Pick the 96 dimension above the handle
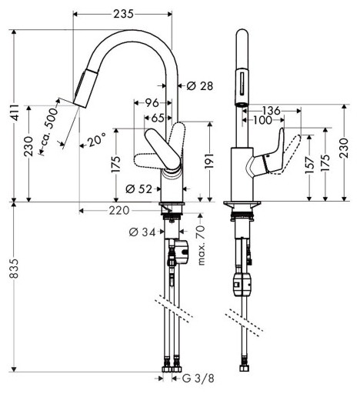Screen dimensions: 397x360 [152, 102]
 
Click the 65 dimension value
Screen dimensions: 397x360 [156, 118]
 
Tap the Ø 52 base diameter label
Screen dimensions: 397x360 [136, 188]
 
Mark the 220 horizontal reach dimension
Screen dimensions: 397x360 [119, 209]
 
